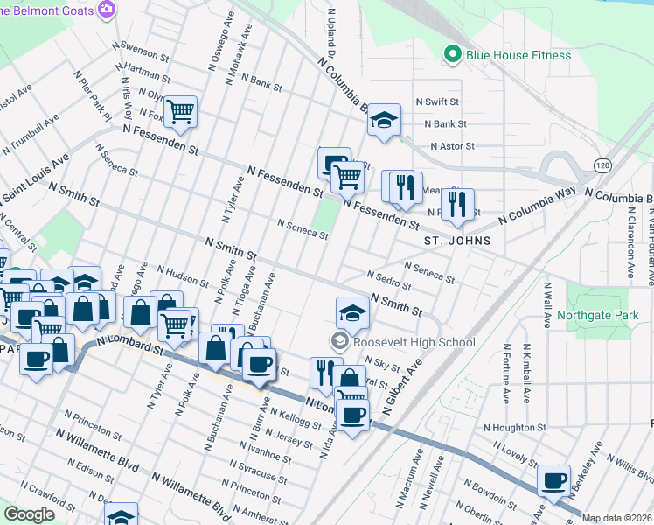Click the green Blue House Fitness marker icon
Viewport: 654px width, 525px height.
click(452, 55)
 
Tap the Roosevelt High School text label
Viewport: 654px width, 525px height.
click(414, 343)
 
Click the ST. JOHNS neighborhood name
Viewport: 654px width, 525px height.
click(456, 240)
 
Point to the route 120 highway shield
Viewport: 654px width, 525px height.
click(602, 164)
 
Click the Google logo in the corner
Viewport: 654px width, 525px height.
click(29, 514)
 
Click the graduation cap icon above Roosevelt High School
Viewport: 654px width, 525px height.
click(351, 311)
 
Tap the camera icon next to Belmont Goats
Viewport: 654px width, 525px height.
click(108, 9)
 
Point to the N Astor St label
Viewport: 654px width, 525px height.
click(452, 146)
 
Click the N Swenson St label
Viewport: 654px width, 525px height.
click(140, 50)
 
